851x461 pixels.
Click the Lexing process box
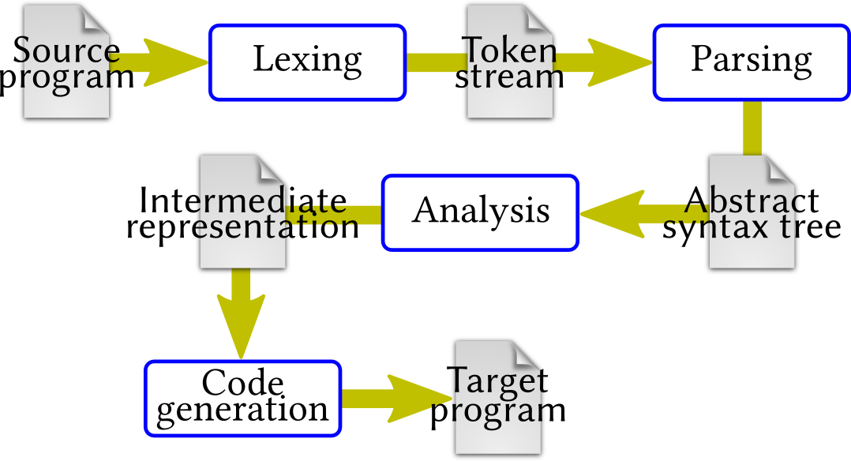[307, 62]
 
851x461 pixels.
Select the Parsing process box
[751, 62]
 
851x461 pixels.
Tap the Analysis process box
[480, 212]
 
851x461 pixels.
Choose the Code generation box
[242, 398]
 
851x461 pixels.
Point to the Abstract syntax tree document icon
[751, 253]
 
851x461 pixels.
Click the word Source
[66, 51]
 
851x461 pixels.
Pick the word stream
[509, 77]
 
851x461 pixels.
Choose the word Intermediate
[242, 201]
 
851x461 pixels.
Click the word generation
[242, 410]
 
